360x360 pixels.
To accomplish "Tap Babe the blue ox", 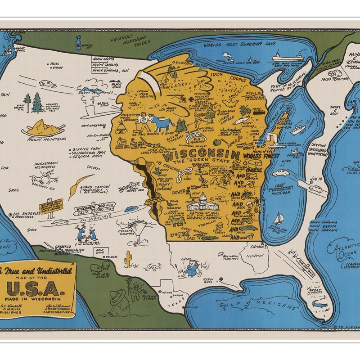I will pos(162,122).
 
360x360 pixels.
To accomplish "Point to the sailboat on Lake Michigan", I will pos(278,219).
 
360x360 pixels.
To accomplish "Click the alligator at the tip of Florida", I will pos(320,305).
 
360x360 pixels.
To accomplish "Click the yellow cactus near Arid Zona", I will pos(128,258).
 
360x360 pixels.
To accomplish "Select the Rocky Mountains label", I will pos(44,139).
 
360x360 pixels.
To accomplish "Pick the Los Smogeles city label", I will pos(28,213).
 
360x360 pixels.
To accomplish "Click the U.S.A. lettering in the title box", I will pos(37,286).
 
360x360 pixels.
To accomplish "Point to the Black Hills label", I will pos(116,85).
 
